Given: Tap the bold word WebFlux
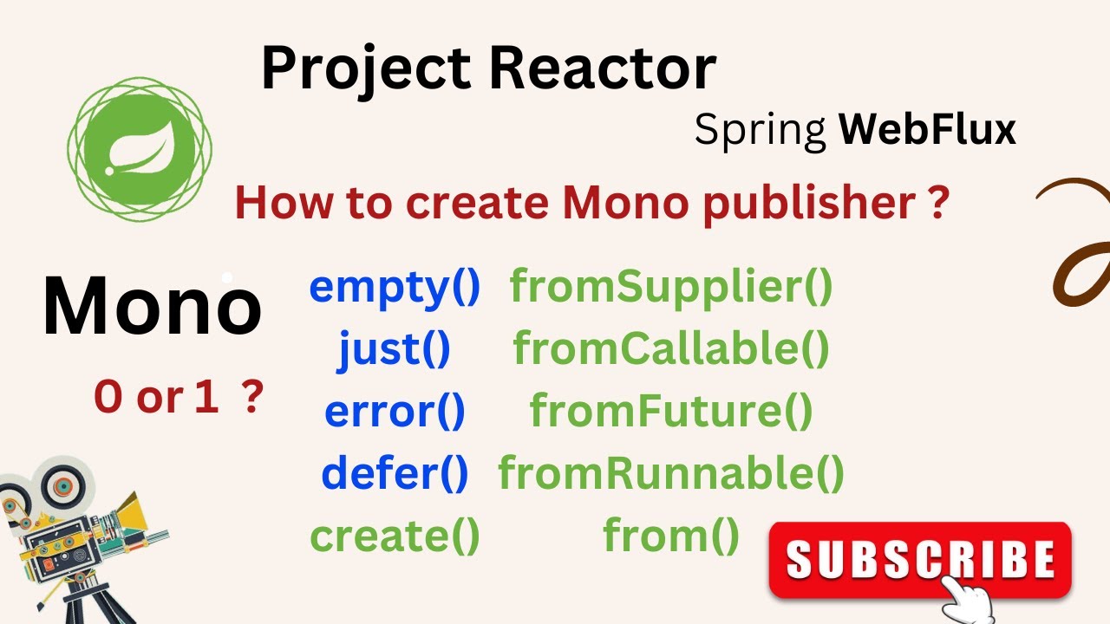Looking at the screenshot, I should tap(927, 130).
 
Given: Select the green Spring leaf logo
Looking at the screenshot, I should tap(139, 148).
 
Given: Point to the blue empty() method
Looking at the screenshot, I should tap(395, 288).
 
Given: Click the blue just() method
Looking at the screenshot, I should tap(395, 348).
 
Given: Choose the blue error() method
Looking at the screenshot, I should tap(395, 411).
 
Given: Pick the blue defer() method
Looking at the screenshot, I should tap(395, 473).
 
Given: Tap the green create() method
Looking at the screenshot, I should tap(395, 536).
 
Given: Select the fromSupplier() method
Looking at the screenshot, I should tap(670, 287).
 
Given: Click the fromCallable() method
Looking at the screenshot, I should tap(670, 348).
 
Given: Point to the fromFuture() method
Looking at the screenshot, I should tap(670, 411).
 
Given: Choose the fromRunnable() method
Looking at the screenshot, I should tap(670, 473).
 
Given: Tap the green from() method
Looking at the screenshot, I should tap(670, 536).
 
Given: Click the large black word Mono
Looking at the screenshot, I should tap(152, 307).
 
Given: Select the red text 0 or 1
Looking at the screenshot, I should tap(156, 398).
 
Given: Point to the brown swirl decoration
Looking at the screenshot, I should tap(1080, 243).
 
